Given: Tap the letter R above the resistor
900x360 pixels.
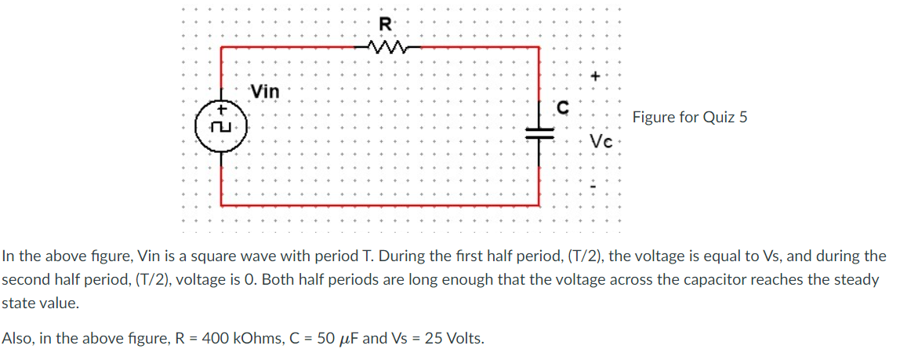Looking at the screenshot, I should tap(385, 24).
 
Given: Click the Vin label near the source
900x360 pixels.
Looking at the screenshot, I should tap(265, 92).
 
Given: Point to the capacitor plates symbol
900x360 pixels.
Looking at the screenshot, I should tap(539, 134).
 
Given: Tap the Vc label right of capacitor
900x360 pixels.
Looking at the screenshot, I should tap(601, 143).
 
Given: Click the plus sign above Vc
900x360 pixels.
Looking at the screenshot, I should tap(596, 76).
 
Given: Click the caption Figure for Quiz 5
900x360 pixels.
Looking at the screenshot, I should tap(690, 118).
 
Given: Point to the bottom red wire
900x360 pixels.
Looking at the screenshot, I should tap(379, 205).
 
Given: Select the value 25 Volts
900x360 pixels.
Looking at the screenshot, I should tap(452, 339).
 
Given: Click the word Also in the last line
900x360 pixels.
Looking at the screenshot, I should tap(16, 339).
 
